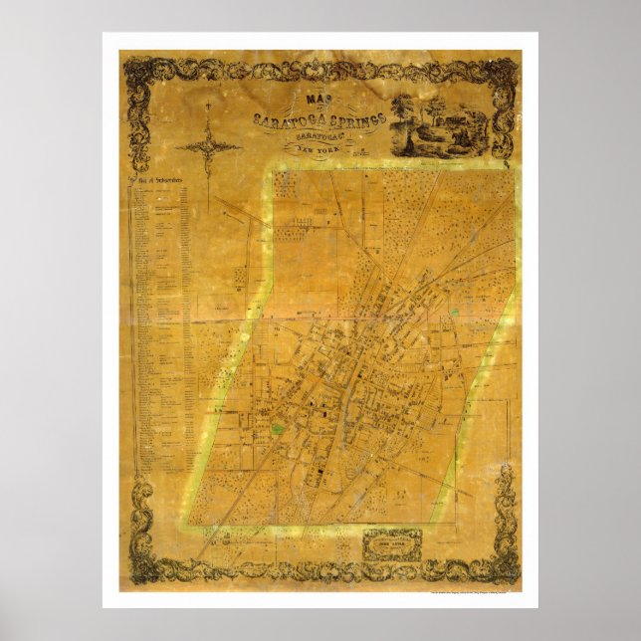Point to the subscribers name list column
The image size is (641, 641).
coord(159,328)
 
